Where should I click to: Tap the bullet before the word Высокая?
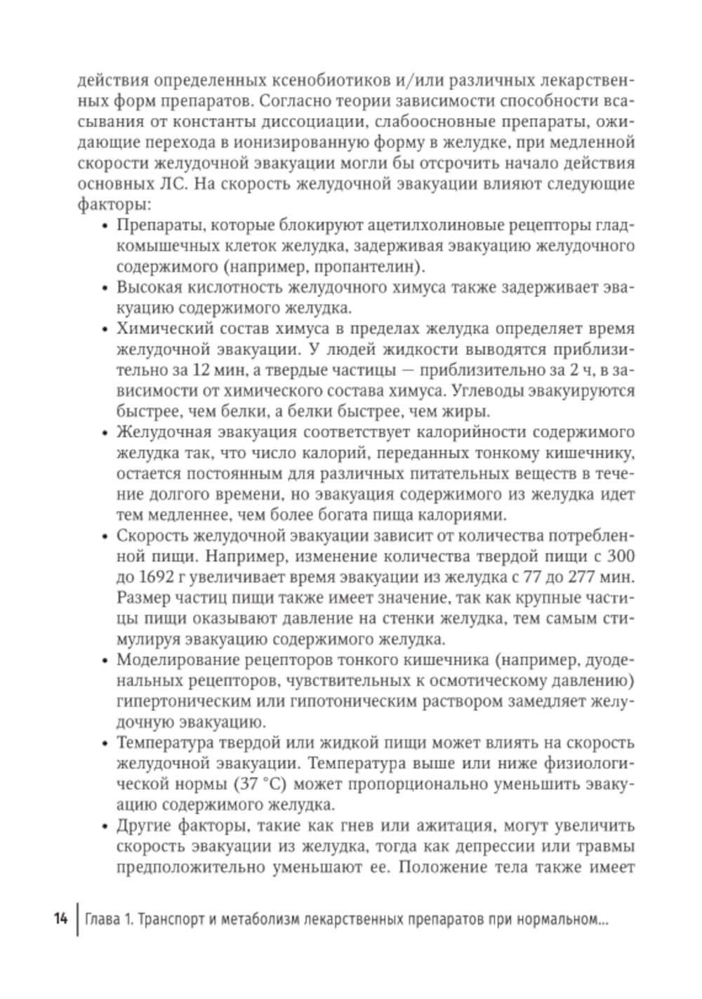pyautogui.click(x=105, y=289)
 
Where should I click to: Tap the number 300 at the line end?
pyautogui.click(x=619, y=557)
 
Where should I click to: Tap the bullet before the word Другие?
pyautogui.click(x=105, y=825)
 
